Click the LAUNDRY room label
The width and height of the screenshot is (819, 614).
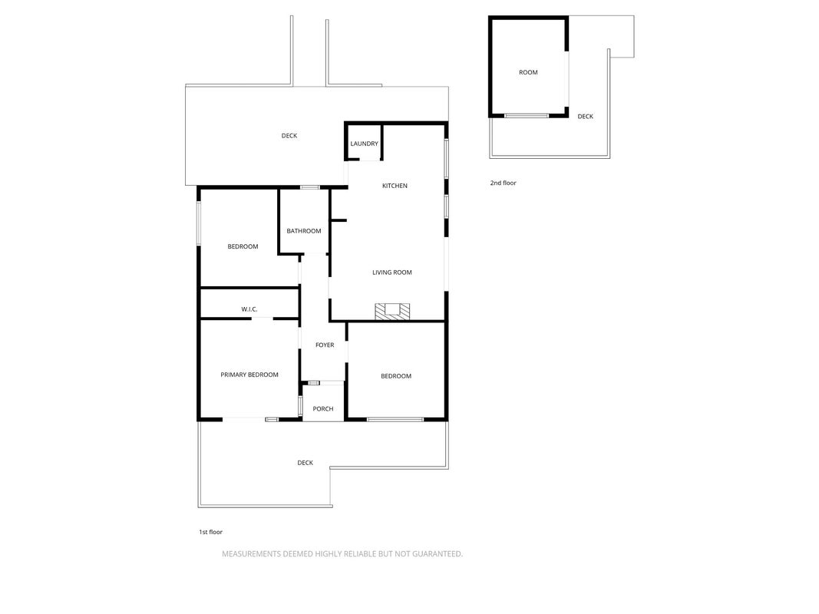tap(364, 144)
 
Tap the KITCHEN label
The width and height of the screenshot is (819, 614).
tap(395, 185)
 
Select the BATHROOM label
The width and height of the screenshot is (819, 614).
tap(304, 231)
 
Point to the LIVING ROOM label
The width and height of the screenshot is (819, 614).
tap(392, 272)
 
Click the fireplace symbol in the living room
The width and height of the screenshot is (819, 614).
tap(392, 311)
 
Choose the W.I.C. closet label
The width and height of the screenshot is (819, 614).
tap(249, 309)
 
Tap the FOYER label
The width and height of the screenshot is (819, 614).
tap(325, 345)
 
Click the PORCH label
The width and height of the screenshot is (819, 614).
tap(323, 409)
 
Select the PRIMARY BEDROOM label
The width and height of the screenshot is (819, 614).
tap(249, 375)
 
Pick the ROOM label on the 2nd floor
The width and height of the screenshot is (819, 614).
tap(528, 72)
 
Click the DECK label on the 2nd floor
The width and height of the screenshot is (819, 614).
tap(586, 117)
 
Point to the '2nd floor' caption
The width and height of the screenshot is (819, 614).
tap(503, 183)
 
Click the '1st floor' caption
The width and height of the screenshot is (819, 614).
tap(210, 532)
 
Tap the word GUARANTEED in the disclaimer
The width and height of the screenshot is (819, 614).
tap(438, 554)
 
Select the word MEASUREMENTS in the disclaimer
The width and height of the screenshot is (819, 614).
tap(251, 554)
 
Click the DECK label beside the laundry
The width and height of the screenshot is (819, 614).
tap(289, 136)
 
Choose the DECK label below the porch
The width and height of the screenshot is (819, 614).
tap(305, 463)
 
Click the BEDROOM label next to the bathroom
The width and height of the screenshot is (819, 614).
tap(243, 246)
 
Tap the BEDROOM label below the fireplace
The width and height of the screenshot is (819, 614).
tap(396, 376)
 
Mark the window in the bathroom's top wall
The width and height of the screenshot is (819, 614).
tap(310, 187)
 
